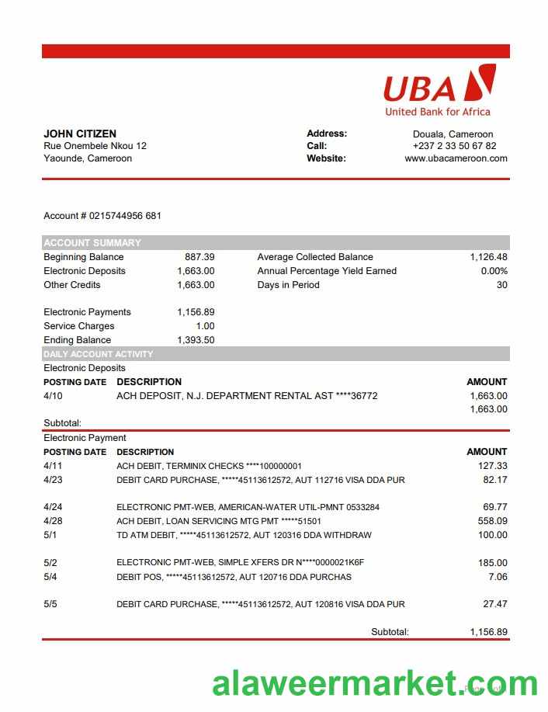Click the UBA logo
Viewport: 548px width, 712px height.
pyautogui.click(x=439, y=89)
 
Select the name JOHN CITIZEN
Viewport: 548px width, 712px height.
pyautogui.click(x=80, y=134)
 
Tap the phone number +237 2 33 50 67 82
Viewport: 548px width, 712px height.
pyautogui.click(x=454, y=146)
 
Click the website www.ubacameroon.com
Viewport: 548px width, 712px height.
pyautogui.click(x=456, y=158)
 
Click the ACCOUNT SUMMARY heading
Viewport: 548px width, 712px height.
pyautogui.click(x=92, y=242)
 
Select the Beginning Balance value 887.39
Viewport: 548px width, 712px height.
pyautogui.click(x=199, y=257)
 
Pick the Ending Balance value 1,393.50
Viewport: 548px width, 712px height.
pyautogui.click(x=196, y=340)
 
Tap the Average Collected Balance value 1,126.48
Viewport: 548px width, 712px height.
pyautogui.click(x=488, y=257)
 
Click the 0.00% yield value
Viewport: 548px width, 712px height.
pyautogui.click(x=494, y=271)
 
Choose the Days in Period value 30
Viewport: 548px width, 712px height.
pyautogui.click(x=501, y=285)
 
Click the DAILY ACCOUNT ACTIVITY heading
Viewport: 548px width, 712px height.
pyautogui.click(x=99, y=354)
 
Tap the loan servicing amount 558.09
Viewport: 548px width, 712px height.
pyautogui.click(x=492, y=521)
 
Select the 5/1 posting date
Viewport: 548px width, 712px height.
pyautogui.click(x=50, y=535)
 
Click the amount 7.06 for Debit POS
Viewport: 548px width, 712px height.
pyautogui.click(x=497, y=577)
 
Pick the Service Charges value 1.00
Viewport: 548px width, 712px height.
pyautogui.click(x=205, y=326)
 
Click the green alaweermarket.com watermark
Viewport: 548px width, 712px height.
pyautogui.click(x=374, y=684)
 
